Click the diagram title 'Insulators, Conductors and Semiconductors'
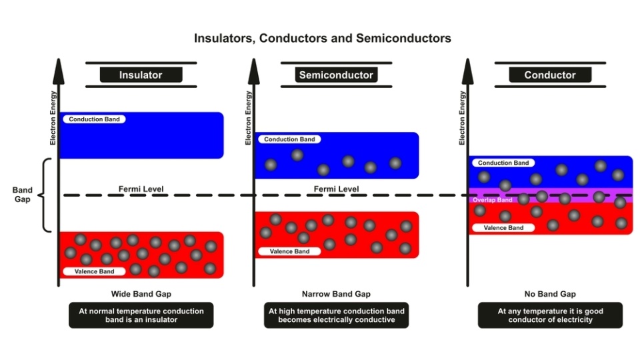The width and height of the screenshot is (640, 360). pos(323,39)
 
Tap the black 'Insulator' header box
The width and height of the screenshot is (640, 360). pos(141,75)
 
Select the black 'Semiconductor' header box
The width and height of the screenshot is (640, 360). pos(336,75)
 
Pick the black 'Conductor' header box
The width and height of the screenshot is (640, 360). pos(550,75)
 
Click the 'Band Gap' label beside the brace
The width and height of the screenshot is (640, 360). pos(23,195)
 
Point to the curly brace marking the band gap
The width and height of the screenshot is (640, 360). pos(44,195)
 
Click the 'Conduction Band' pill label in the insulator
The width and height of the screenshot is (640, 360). pos(94,119)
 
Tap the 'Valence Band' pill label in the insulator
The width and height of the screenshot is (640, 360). pos(94,271)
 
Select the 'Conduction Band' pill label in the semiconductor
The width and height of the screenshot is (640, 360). pos(289,139)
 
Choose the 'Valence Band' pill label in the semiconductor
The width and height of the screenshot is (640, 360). pos(289,251)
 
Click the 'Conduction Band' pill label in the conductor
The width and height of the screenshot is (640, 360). pos(503,163)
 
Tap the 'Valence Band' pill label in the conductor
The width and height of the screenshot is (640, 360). pos(503,228)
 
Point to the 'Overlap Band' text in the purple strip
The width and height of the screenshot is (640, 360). pos(492,200)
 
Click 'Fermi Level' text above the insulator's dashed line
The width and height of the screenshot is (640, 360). pos(141,189)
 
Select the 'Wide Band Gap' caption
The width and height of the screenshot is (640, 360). pos(141,294)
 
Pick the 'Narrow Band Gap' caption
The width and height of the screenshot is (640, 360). pos(336,294)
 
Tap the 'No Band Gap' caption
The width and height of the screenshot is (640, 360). pos(550,294)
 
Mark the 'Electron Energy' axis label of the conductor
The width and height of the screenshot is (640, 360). pos(462,118)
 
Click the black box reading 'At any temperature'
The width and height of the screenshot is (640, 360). pos(550,315)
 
